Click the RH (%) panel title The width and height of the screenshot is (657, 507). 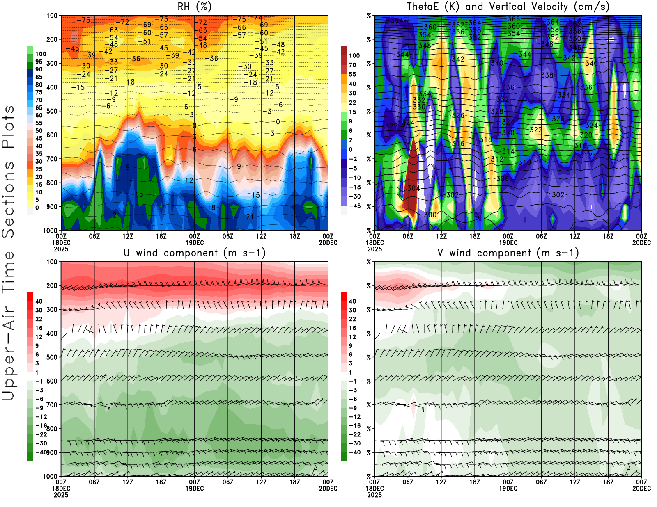tap(194, 7)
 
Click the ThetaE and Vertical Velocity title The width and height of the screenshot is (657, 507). tap(508, 7)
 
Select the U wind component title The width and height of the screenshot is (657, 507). tap(195, 253)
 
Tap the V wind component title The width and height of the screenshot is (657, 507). tap(508, 253)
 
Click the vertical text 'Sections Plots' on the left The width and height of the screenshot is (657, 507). tap(8, 171)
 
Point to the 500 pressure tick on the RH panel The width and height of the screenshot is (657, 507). tap(52, 111)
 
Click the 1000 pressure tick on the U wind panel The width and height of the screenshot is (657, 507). tap(50, 476)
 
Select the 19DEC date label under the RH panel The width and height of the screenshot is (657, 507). tap(195, 242)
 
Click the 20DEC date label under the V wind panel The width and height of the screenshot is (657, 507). tap(641, 489)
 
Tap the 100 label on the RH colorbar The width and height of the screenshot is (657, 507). tap(41, 54)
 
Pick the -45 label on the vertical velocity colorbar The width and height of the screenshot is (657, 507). tap(354, 206)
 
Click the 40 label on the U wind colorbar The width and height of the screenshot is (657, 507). tap(39, 301)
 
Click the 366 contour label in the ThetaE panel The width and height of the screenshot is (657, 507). tap(514, 19)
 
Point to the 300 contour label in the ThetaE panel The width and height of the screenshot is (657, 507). tap(430, 215)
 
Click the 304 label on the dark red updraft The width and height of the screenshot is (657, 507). tap(413, 188)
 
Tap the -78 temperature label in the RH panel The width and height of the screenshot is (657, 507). tap(258, 17)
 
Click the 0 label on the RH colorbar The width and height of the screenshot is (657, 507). tap(37, 208)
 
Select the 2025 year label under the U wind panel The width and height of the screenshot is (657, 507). tap(61, 495)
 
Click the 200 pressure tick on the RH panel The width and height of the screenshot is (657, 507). tap(52, 39)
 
